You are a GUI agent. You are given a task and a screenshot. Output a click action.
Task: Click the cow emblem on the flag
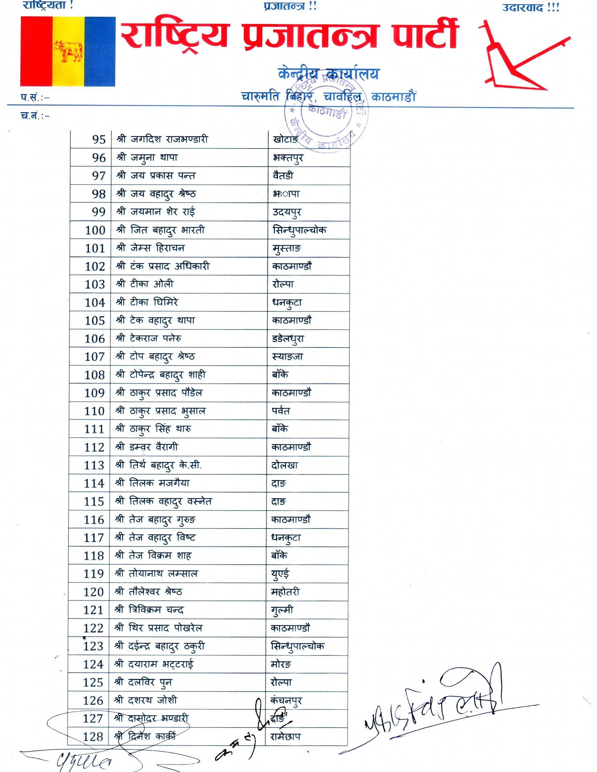pyautogui.click(x=68, y=52)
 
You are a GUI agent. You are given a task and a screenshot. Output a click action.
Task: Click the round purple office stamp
pyautogui.click(x=326, y=113)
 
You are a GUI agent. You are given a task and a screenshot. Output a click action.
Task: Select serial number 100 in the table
pyautogui.click(x=95, y=230)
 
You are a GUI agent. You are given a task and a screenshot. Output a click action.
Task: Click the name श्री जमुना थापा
pyautogui.click(x=147, y=158)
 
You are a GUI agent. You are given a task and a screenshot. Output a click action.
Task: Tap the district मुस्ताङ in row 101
pyautogui.click(x=287, y=248)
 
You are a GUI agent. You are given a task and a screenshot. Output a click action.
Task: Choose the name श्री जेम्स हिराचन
pyautogui.click(x=150, y=248)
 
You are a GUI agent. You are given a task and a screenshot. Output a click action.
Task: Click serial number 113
pyautogui.click(x=94, y=466)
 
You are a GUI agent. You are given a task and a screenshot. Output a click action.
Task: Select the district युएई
pyautogui.click(x=280, y=574)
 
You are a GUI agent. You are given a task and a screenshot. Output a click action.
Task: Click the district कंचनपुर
pyautogui.click(x=286, y=701)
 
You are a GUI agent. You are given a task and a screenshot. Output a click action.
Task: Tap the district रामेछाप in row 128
pyautogui.click(x=285, y=737)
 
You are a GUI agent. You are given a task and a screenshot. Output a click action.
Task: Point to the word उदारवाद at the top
pyautogui.click(x=522, y=8)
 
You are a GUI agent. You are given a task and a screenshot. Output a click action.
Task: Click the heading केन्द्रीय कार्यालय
pyautogui.click(x=328, y=74)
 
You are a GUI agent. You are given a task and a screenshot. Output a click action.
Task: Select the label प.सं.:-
pyautogui.click(x=35, y=98)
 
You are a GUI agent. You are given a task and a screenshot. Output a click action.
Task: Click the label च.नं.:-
pyautogui.click(x=35, y=116)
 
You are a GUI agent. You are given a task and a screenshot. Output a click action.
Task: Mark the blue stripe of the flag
pyautogui.click(x=100, y=52)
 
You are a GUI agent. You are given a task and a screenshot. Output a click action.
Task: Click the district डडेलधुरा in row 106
pyautogui.click(x=288, y=339)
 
